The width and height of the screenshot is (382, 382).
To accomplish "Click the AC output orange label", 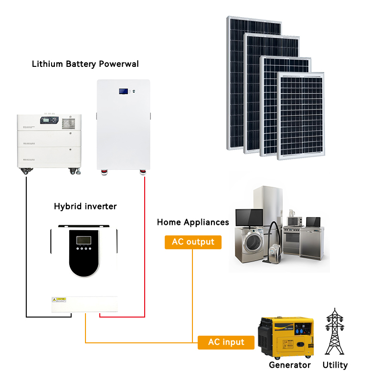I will pyautogui.click(x=193, y=242).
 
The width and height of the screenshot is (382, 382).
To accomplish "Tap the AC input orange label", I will pyautogui.click(x=226, y=342).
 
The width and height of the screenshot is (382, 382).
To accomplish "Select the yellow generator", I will pyautogui.click(x=286, y=338).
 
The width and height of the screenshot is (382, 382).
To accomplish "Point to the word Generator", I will pyautogui.click(x=289, y=365).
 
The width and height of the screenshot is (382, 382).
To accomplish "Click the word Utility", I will pyautogui.click(x=335, y=365).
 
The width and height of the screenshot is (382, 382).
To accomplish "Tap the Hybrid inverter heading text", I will pyautogui.click(x=85, y=206).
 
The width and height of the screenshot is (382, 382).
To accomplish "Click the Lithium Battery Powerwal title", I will pyautogui.click(x=85, y=64).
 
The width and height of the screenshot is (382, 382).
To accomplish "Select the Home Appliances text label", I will pyautogui.click(x=193, y=223).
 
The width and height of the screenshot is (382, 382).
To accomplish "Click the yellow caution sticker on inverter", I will pyautogui.click(x=59, y=299).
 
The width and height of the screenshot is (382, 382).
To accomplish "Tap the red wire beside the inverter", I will pyautogui.click(x=144, y=248).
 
